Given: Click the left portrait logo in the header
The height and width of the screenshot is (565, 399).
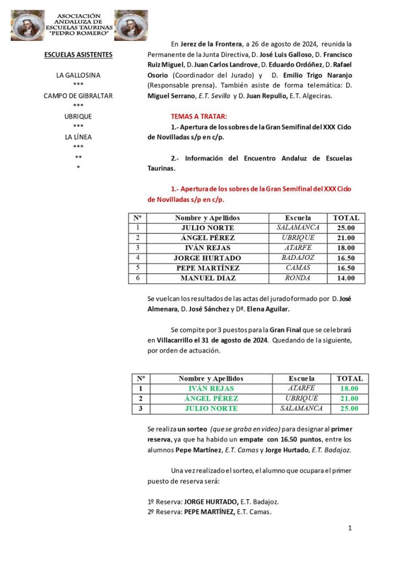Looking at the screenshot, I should (x=27, y=25).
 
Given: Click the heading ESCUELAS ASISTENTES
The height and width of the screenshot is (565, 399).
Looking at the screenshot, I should (x=78, y=55).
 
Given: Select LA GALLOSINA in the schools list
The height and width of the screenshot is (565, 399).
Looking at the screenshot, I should (x=78, y=75).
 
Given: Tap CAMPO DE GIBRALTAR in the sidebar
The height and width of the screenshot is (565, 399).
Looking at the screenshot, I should (x=78, y=96).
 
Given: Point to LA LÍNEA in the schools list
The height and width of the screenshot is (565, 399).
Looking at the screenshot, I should (x=78, y=137).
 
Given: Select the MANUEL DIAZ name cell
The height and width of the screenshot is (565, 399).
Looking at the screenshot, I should (x=208, y=278).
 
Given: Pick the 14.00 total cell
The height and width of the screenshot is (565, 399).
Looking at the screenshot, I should (x=346, y=278).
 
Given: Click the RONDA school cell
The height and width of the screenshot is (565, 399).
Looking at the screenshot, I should (x=298, y=278).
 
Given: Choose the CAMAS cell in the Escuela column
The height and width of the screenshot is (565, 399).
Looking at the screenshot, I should (x=298, y=268).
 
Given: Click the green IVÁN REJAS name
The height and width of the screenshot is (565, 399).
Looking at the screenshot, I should (x=211, y=388).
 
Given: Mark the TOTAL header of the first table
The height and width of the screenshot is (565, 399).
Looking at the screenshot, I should (x=346, y=218).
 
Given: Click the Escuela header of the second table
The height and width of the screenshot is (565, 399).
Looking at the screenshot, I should (x=301, y=379).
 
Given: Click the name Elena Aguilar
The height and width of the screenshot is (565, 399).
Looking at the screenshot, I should (x=269, y=309).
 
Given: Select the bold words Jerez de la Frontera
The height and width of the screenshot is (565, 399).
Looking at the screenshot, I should (x=209, y=44).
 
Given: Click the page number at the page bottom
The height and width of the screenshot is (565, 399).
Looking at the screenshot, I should (x=349, y=528).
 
